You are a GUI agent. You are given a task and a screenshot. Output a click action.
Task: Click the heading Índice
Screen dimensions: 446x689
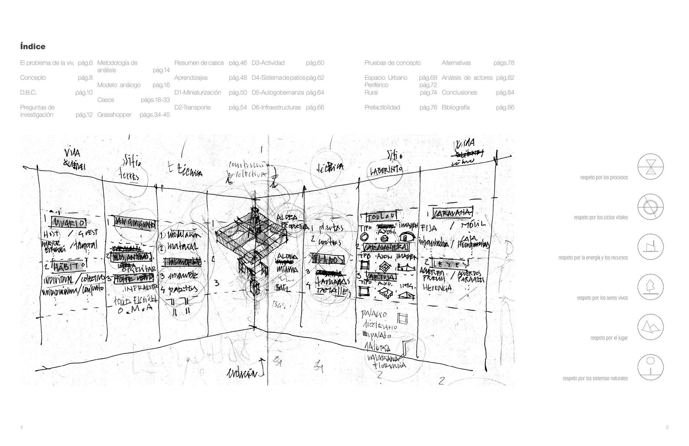click(33, 47)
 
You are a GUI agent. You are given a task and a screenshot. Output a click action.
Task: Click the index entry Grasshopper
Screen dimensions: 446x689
click(114, 115)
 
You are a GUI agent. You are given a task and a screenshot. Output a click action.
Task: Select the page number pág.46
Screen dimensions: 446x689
click(238, 63)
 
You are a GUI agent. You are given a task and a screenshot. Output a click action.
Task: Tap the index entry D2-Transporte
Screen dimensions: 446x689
click(192, 107)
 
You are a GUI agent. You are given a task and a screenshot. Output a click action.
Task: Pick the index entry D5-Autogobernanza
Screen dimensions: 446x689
click(277, 93)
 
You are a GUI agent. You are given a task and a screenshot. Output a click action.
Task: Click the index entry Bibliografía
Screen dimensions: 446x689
click(455, 107)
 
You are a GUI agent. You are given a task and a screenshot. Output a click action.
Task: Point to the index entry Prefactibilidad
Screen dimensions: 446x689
click(382, 107)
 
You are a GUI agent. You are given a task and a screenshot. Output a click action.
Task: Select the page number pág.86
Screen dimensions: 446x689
click(505, 107)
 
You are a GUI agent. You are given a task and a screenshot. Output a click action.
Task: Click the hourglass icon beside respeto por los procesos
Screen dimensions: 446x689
click(650, 167)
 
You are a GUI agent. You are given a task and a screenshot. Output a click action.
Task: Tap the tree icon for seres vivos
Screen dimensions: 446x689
click(650, 287)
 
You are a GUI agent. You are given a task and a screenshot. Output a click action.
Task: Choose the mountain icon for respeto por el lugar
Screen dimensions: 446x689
click(650, 327)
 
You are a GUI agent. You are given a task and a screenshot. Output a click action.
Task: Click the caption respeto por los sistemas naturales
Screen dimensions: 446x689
click(595, 378)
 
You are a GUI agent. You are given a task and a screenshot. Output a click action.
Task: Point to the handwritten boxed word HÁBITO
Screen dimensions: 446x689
click(69, 266)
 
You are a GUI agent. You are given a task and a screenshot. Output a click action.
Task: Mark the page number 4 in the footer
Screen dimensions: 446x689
click(22, 427)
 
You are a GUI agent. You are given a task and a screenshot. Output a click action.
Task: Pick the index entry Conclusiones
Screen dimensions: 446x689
click(459, 93)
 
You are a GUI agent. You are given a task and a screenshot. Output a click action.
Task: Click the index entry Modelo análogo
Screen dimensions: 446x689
click(119, 85)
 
